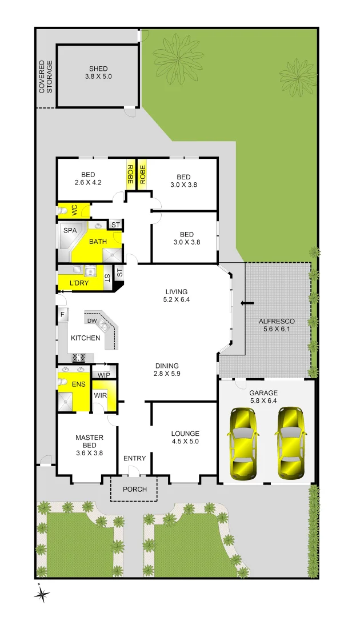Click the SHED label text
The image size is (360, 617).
point(98,69)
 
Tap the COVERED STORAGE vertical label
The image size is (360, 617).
point(46,77)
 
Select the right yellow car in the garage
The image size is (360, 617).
point(290,443)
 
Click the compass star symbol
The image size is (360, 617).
point(42,594)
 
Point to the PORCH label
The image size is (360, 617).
point(134,490)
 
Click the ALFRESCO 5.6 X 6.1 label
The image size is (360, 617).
point(277,326)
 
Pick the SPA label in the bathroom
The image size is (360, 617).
point(70,231)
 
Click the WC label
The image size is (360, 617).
point(74,211)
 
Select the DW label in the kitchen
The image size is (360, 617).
point(91,320)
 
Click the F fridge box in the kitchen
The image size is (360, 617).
point(62,314)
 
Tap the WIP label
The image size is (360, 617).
point(104,375)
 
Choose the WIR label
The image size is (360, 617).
point(100,395)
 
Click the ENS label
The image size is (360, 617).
point(78,384)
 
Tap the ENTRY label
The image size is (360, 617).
point(135,458)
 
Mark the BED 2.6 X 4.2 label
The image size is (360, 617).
point(87,179)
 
